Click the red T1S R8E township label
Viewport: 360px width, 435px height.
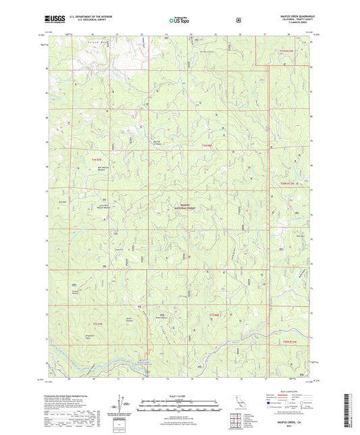(x=215, y=315)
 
